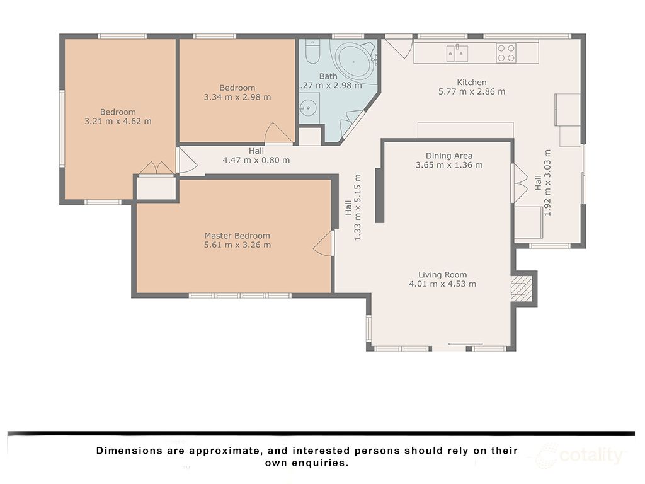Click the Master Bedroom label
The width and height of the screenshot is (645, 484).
[x=237, y=236]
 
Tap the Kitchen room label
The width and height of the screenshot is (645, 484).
[x=471, y=83]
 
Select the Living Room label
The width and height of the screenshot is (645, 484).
[x=443, y=275]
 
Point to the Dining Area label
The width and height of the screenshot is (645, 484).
[x=448, y=156]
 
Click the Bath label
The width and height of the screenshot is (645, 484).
[x=328, y=76]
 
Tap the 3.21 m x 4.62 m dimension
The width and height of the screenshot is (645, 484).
[x=118, y=122]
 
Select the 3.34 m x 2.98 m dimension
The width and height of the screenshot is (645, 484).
[x=237, y=97]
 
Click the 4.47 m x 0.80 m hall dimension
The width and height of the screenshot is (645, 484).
[x=256, y=160]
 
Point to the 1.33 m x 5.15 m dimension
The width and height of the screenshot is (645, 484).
[x=358, y=207]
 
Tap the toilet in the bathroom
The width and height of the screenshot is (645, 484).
[x=312, y=52]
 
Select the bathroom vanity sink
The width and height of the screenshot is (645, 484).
[x=308, y=108]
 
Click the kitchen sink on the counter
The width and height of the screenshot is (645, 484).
[x=457, y=54]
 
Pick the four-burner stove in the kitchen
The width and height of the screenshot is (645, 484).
[x=506, y=53]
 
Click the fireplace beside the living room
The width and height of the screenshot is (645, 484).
[x=521, y=289]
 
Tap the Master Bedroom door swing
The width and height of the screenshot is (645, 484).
[x=323, y=244]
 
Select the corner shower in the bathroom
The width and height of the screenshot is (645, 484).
[x=351, y=124]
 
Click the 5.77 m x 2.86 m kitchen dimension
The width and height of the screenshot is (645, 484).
[x=472, y=92]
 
